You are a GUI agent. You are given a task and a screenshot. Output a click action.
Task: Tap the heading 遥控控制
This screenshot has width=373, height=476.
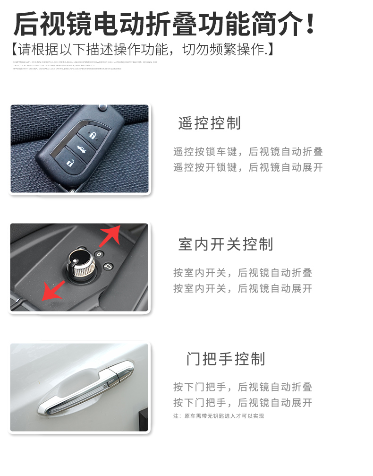click(210, 123)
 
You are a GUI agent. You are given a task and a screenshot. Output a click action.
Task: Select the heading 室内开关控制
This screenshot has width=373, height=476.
click(226, 244)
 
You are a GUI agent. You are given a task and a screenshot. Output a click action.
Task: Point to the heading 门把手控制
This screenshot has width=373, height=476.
click(226, 359)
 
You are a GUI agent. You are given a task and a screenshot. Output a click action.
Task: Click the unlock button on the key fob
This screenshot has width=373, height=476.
click(69, 164)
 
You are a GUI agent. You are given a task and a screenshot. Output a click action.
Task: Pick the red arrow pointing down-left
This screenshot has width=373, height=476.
click(52, 290)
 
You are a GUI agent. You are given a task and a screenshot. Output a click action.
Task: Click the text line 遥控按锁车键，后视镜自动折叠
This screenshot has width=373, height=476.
click(248, 152)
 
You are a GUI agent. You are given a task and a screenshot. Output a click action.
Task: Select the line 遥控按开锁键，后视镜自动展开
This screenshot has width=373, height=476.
click(248, 167)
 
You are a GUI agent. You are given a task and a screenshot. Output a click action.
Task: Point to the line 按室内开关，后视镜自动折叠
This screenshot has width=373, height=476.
click(243, 273)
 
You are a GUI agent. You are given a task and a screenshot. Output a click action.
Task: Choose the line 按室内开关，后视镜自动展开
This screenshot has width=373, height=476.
click(243, 288)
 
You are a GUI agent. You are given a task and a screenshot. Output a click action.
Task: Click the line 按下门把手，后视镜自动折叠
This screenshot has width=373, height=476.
click(243, 387)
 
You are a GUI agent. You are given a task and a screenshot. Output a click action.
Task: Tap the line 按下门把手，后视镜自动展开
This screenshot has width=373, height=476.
click(243, 403)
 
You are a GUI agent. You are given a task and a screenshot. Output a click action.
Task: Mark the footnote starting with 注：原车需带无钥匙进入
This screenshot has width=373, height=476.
click(219, 416)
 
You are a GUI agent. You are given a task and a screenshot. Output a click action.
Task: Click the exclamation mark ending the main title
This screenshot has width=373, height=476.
click(310, 24)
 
